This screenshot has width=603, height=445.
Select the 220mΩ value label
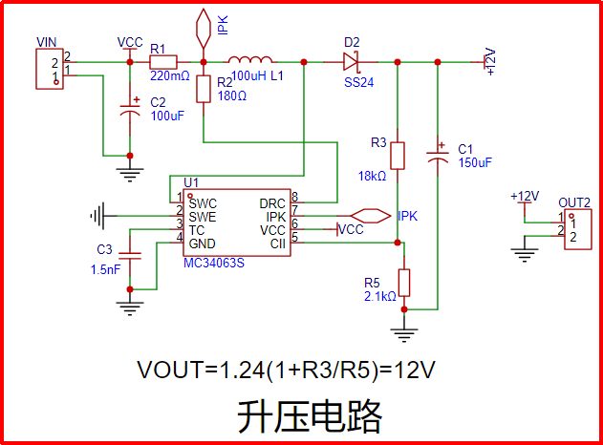(x=170, y=75)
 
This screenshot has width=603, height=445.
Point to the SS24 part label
(x=358, y=83)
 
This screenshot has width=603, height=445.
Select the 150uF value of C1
(x=474, y=162)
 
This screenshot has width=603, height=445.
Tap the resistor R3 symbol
(x=398, y=156)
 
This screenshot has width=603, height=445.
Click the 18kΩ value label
(x=372, y=176)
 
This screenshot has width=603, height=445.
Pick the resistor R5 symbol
(x=404, y=283)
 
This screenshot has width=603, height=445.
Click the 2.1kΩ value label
(x=379, y=296)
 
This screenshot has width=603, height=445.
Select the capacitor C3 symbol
(x=130, y=255)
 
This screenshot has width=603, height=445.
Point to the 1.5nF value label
(x=105, y=270)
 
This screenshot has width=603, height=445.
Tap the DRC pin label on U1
(x=272, y=203)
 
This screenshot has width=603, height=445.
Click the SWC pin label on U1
(x=203, y=203)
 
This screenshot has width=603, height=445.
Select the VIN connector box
(x=49, y=68)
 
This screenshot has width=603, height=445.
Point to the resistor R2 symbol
(x=204, y=90)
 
